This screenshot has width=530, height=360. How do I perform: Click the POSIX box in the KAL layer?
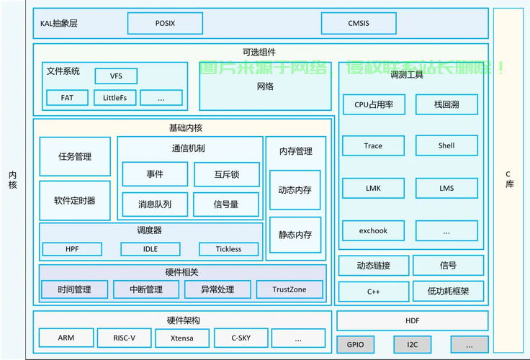166,23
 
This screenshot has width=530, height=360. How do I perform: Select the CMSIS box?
359,23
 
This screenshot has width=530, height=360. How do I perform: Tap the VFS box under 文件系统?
116,76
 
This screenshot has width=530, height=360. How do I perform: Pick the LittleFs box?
115,98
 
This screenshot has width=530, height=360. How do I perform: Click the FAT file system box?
67,98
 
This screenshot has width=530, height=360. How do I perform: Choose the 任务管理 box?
75,156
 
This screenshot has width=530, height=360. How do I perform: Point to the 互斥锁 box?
227,174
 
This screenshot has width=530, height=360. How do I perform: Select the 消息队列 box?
155,204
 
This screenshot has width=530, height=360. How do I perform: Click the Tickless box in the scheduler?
229,249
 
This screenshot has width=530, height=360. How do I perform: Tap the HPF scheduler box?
72,249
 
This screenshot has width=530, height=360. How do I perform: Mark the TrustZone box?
289,289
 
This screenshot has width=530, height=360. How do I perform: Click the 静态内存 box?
295,235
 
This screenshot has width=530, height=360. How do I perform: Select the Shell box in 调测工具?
446,145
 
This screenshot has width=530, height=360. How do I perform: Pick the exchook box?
373,230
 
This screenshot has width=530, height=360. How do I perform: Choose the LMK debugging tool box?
373,188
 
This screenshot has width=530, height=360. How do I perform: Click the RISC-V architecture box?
125,338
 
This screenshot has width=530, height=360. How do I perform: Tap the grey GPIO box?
355,345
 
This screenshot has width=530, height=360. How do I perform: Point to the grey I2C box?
413,345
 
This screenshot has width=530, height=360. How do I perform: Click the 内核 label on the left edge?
12,180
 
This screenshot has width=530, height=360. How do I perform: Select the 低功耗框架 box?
448,291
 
